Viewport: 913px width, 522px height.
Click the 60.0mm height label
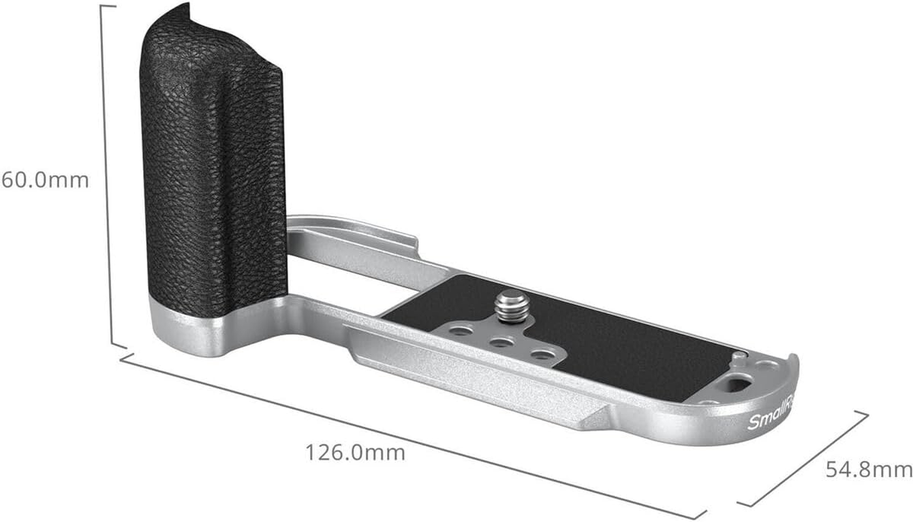click(x=44, y=179)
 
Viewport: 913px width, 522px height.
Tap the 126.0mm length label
click(x=355, y=452)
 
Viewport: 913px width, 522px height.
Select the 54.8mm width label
click(x=868, y=468)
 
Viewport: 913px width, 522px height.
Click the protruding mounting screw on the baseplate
click(x=513, y=306)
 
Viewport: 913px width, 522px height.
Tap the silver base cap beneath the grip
click(x=189, y=326)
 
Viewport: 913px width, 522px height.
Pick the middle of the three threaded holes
click(x=501, y=342)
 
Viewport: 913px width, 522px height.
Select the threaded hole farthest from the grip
click(x=542, y=354)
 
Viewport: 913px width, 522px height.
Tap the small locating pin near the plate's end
click(x=739, y=356)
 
